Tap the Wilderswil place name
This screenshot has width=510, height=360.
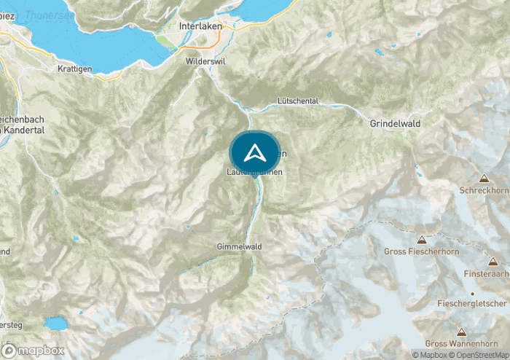pos(206,62)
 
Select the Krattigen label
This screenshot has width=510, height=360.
pos(75,68)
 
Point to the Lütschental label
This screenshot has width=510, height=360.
pos(299,100)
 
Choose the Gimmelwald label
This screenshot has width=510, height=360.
pos(239,247)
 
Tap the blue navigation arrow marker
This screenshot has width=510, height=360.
pos(254,153)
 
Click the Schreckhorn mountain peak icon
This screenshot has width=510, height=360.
pos(484,178)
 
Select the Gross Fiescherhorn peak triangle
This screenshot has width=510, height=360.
pos(420,239)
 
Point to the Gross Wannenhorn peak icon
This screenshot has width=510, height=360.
pos(460,331)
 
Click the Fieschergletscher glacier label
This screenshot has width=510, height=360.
pos(471,303)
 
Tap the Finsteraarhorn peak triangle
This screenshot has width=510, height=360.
pos(493,261)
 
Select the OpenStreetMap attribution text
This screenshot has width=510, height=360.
pos(479,355)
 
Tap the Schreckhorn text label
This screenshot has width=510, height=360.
pos(483,190)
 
